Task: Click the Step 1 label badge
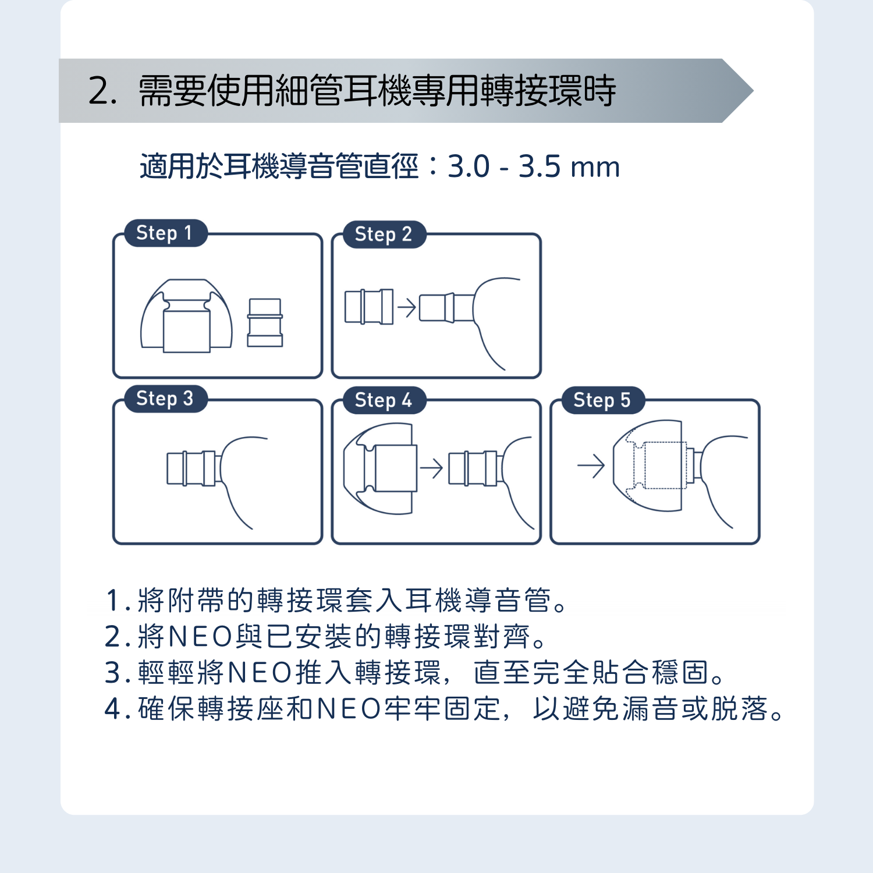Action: [x=166, y=233]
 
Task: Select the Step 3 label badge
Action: [x=166, y=399]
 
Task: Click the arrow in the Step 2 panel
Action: [x=407, y=307]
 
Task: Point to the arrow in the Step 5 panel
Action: [x=591, y=466]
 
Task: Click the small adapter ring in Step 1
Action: [x=265, y=323]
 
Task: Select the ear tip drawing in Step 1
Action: [x=186, y=316]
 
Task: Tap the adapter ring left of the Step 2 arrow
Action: [x=369, y=306]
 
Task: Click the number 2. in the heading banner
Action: [x=102, y=91]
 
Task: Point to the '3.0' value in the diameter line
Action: [x=469, y=167]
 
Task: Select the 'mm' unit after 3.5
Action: [x=595, y=168]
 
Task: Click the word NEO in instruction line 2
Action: [x=201, y=637]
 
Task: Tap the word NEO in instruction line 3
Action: [x=260, y=673]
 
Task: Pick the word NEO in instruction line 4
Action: [x=349, y=709]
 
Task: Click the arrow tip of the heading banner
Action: [x=753, y=91]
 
